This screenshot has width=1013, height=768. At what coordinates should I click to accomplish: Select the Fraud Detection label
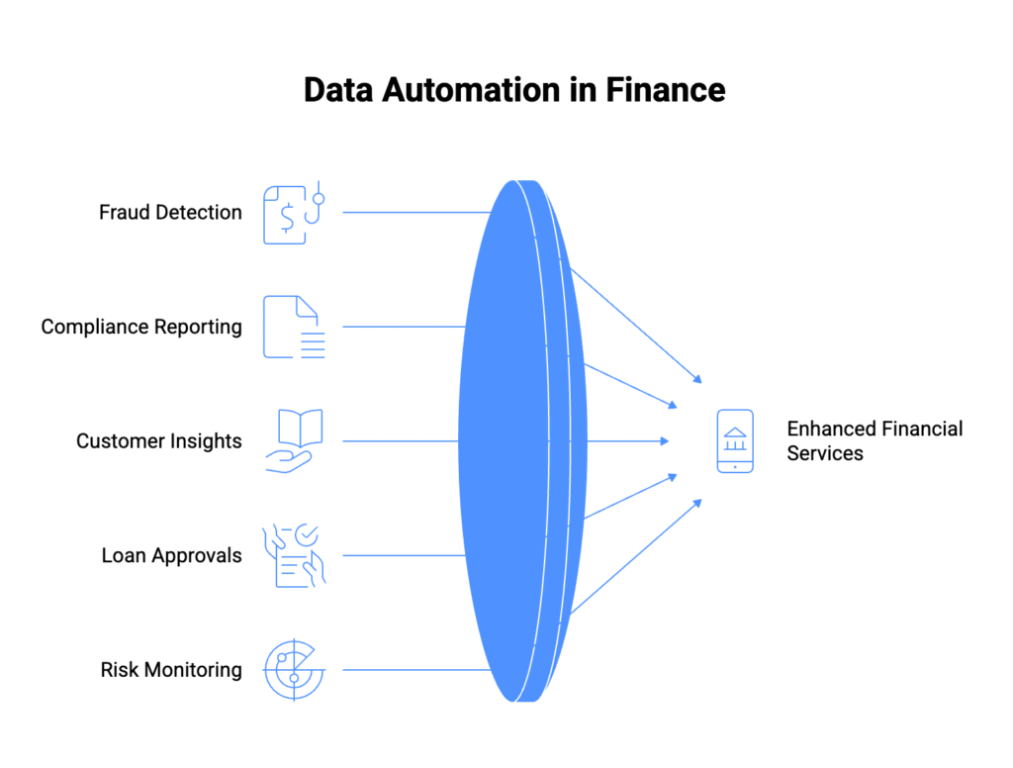click(x=170, y=212)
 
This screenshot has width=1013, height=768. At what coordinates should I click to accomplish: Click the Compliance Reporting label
click(x=141, y=327)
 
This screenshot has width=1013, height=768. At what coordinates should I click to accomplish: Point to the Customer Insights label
click(x=159, y=441)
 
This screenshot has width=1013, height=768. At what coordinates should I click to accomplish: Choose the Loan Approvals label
click(x=171, y=555)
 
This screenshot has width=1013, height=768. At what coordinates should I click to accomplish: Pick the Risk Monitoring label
click(x=171, y=670)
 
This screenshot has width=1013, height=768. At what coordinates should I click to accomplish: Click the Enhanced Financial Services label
click(x=875, y=441)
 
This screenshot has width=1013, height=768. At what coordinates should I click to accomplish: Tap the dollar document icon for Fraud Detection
click(x=286, y=215)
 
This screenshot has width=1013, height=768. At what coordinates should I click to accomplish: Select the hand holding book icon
click(x=293, y=441)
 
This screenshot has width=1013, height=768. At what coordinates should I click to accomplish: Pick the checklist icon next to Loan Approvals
click(x=293, y=555)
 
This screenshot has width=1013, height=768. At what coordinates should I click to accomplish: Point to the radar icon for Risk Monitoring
click(x=293, y=670)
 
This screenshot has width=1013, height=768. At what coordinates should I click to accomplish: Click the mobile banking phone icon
click(x=735, y=441)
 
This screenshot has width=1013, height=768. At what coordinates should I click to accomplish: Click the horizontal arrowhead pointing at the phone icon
click(x=664, y=441)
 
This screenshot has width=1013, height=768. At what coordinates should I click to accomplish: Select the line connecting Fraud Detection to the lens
click(x=415, y=212)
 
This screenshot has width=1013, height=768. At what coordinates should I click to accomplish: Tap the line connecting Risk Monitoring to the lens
click(x=415, y=670)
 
